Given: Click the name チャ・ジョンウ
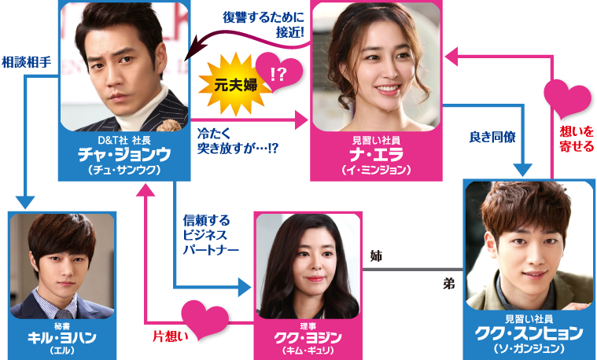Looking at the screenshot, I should coord(125,154).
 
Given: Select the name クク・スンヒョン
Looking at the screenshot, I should coord(528,332).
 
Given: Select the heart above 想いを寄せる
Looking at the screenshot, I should coord(569,98).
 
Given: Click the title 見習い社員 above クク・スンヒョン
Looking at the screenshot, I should coord(528,318).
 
